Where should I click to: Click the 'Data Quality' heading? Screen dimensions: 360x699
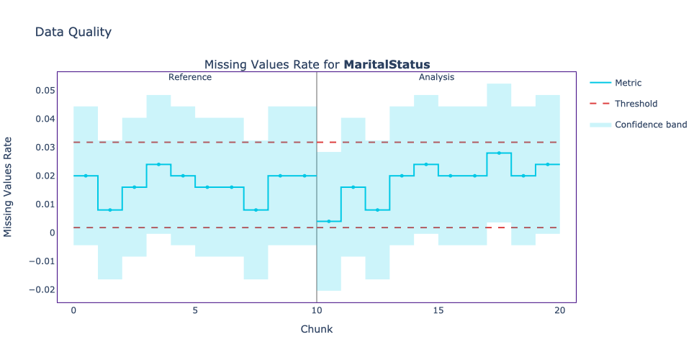73,32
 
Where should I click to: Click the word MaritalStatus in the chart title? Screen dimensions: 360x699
387,65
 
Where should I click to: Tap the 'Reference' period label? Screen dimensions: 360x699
190,77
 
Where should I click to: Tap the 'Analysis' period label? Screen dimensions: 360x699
436,77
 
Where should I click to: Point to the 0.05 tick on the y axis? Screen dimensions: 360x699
45,91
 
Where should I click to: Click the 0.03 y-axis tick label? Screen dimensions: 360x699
45,148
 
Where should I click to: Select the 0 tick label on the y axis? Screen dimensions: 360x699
52,233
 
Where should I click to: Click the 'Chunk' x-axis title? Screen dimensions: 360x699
317,329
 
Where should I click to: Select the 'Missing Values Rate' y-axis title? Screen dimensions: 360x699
9,187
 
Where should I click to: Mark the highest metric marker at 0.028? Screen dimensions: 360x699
499,153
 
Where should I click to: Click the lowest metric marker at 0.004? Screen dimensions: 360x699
329,221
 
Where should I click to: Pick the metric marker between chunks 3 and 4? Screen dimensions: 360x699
158,164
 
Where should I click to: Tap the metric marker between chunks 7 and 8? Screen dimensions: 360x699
256,210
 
